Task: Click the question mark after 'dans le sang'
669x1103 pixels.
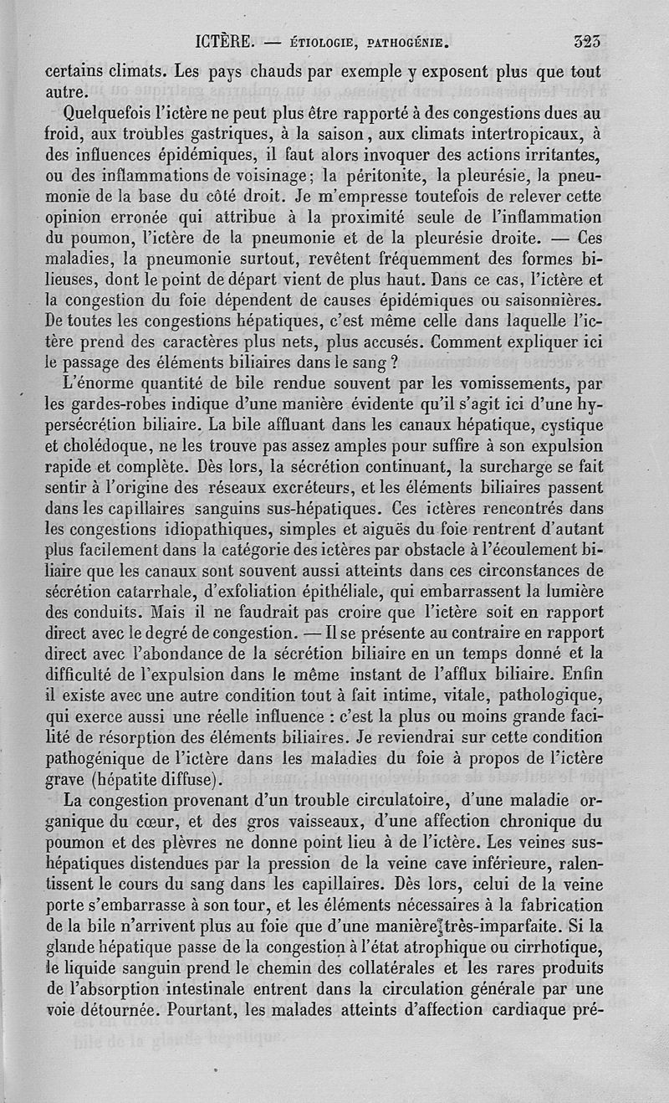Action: pyautogui.click(x=381, y=362)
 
